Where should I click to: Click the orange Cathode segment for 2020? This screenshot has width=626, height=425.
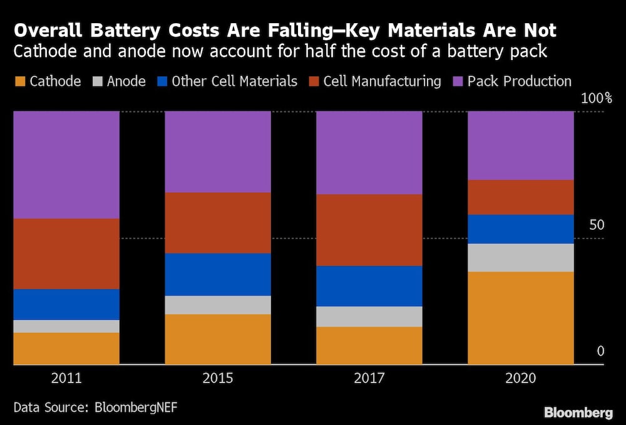click(x=521, y=317)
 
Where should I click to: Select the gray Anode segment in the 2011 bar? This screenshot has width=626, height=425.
click(x=66, y=326)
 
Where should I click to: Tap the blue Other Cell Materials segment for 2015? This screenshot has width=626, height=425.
click(x=218, y=274)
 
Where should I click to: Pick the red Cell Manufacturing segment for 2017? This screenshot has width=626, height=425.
click(x=369, y=230)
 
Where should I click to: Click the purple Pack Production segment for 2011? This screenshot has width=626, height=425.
click(x=66, y=165)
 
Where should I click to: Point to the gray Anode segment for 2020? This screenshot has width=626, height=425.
click(x=521, y=257)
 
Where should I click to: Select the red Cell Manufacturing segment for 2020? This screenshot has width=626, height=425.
click(x=521, y=197)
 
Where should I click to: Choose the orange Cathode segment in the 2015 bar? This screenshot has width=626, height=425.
click(x=218, y=339)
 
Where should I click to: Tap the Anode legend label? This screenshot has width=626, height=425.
click(x=126, y=81)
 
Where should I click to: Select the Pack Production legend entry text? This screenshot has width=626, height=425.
click(x=519, y=81)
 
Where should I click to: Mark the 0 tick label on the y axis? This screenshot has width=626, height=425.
click(x=600, y=351)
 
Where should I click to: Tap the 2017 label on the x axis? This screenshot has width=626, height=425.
click(x=369, y=379)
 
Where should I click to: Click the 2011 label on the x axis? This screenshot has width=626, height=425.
click(x=66, y=379)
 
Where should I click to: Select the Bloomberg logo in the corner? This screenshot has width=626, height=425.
click(x=578, y=412)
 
